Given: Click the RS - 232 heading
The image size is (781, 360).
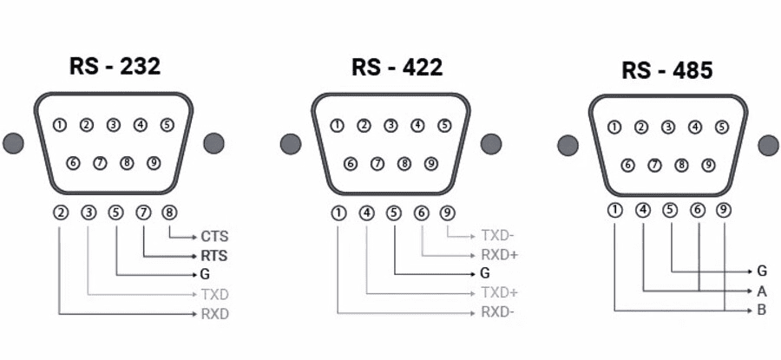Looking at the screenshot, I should (x=115, y=67).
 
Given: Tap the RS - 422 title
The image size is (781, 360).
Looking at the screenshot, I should (x=397, y=67).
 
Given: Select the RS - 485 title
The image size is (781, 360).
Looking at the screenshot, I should (x=667, y=70).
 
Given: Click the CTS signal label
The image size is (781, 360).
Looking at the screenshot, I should (x=214, y=235).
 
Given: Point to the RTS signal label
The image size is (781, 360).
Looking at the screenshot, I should (x=214, y=255).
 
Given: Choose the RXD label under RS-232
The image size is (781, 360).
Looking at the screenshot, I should (x=214, y=314).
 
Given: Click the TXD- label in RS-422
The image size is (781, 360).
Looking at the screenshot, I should (x=497, y=235).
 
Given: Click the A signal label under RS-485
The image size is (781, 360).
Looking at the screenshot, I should (x=761, y=291).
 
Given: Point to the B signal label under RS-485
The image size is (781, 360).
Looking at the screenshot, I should (x=761, y=310).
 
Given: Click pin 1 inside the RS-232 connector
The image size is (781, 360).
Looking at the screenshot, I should (x=59, y=125).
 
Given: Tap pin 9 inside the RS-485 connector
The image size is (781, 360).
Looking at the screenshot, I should (x=709, y=165).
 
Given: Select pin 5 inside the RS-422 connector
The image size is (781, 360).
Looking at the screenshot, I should (x=444, y=125).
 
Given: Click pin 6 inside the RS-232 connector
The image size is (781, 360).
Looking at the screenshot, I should (x=73, y=162).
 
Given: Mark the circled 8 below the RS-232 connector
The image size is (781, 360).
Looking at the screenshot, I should (x=169, y=211).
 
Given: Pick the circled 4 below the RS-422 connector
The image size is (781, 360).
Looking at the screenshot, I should (x=368, y=211).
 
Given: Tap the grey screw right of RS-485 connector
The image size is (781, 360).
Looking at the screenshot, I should (x=768, y=145).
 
